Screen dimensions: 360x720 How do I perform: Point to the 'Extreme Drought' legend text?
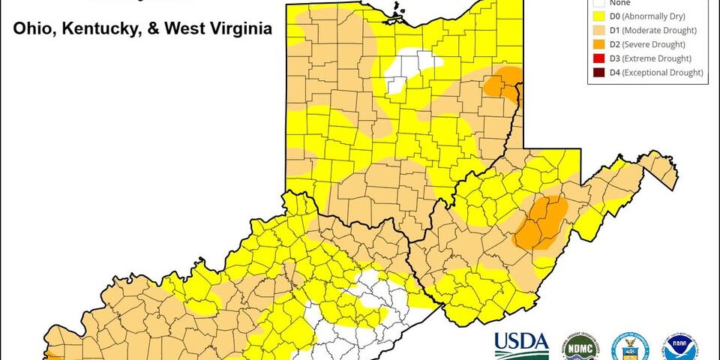(x=661, y=58)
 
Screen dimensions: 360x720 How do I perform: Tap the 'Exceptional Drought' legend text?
(x=665, y=73)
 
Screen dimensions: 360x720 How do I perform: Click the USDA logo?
(x=520, y=344)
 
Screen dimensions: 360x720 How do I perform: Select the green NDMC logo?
(x=577, y=344)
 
